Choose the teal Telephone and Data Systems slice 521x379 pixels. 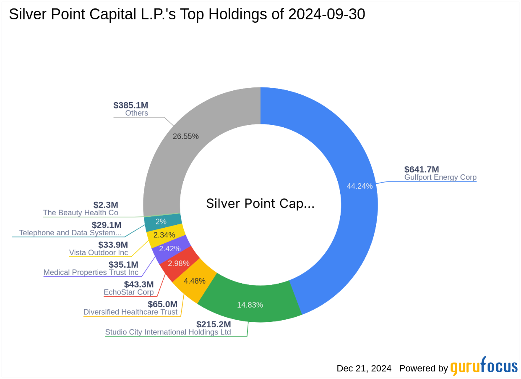click(x=161, y=222)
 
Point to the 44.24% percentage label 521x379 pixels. click(x=359, y=186)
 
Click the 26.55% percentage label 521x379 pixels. click(x=185, y=136)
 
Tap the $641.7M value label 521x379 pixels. click(x=421, y=169)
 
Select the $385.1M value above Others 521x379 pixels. click(x=130, y=105)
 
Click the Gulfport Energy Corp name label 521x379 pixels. click(x=440, y=177)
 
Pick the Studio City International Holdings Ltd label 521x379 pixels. click(x=168, y=332)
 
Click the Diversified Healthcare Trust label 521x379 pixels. click(x=130, y=312)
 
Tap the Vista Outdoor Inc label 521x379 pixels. click(x=99, y=253)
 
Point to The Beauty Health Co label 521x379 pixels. click(x=81, y=213)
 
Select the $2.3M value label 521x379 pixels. click(x=106, y=205)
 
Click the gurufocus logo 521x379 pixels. click(x=484, y=367)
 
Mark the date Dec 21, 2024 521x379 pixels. click(x=364, y=368)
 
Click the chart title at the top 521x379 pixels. click(x=187, y=14)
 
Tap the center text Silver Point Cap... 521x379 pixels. click(x=260, y=204)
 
